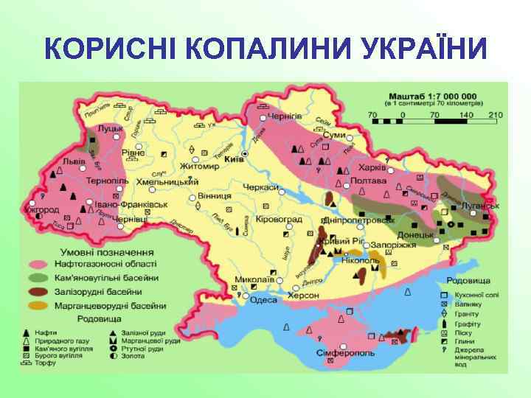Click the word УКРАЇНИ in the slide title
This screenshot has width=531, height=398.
pos(413,49)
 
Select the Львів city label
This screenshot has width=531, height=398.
pos(73,161)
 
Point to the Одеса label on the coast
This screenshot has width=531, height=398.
pos(264,299)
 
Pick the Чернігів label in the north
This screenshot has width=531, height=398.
pos(284,116)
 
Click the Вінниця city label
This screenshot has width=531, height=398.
pos(214,197)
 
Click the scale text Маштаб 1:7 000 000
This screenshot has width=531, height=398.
pos(433,96)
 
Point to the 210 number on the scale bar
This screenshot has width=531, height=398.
pos(495,115)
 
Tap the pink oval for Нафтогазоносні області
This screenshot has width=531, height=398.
pos(39,264)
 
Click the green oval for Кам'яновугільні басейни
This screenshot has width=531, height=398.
pos(39,278)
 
